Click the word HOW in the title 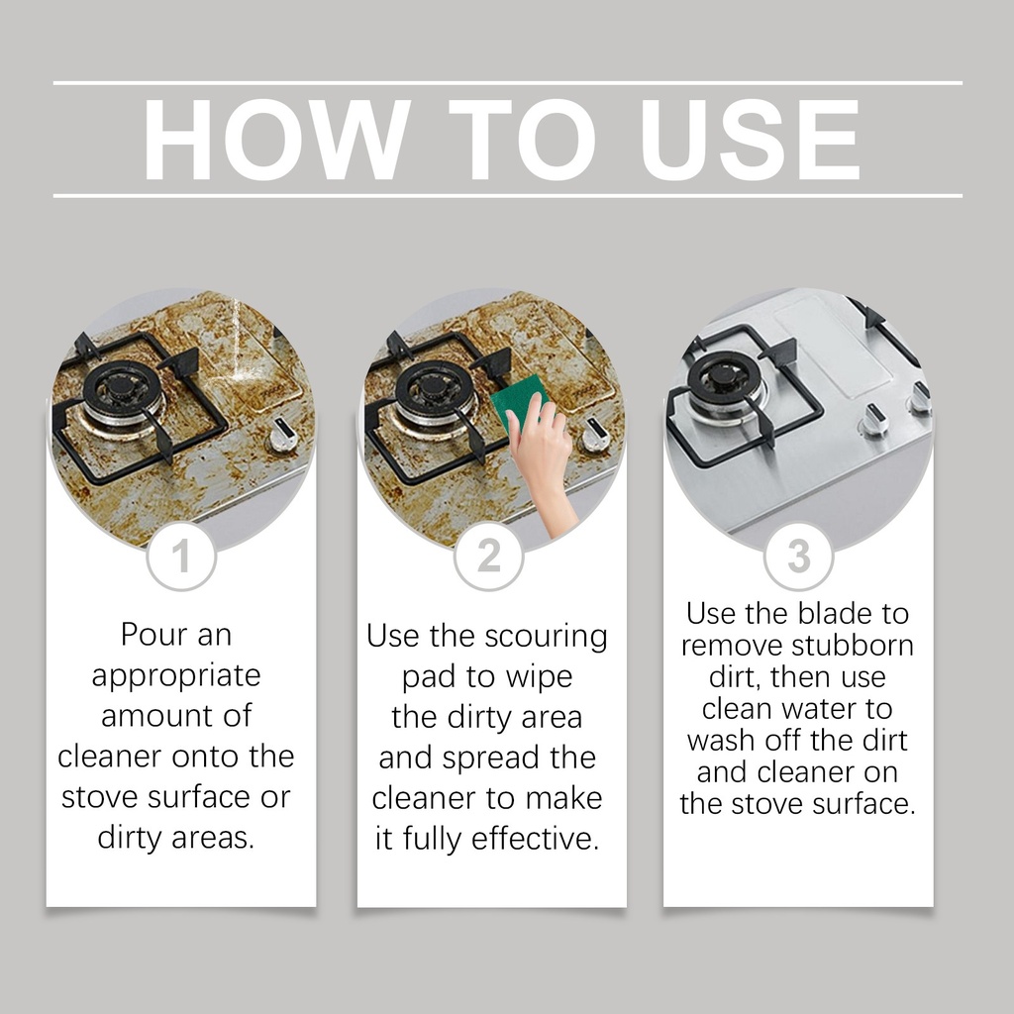click(x=276, y=140)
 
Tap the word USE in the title click(x=751, y=140)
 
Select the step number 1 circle click(x=181, y=557)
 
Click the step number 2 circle click(x=488, y=557)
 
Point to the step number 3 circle click(x=798, y=557)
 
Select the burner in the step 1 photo click(x=121, y=393)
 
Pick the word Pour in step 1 click(x=153, y=635)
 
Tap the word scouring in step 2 click(x=546, y=637)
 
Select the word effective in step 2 click(x=535, y=839)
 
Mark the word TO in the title click(x=523, y=140)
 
